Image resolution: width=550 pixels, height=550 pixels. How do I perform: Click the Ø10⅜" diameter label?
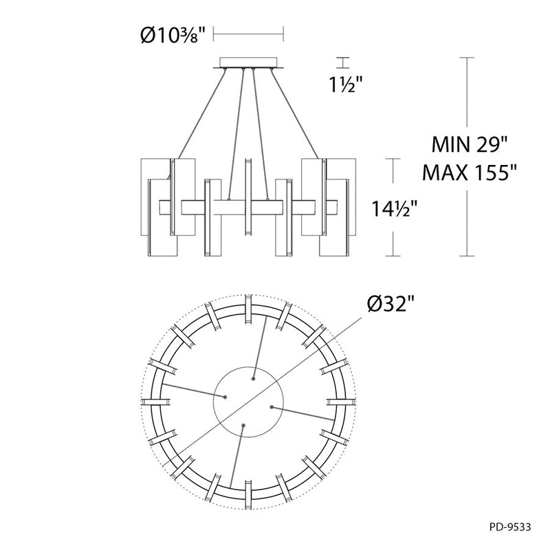click(x=173, y=35)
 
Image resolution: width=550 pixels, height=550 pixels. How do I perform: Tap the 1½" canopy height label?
click(x=345, y=85)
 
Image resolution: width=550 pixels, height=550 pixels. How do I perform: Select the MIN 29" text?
click(x=470, y=144)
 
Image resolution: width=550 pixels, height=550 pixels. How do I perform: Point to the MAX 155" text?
click(x=470, y=173)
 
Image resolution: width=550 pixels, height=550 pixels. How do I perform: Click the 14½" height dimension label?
click(x=394, y=209)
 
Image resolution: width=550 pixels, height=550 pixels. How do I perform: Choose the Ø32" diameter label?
click(x=391, y=303)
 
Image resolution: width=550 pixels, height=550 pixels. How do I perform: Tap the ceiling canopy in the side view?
click(x=248, y=63)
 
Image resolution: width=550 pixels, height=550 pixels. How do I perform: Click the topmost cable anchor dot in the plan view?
click(x=253, y=379)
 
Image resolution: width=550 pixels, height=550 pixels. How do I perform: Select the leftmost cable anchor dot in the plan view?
click(x=225, y=397)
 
